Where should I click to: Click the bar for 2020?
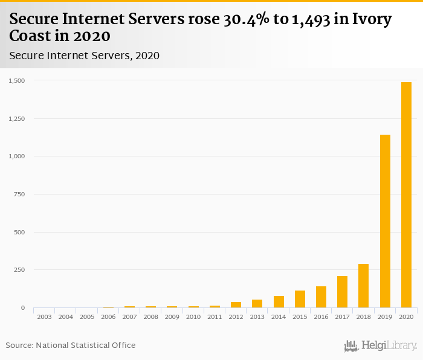[406, 194]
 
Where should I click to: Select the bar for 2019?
[385, 221]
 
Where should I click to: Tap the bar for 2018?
[363, 286]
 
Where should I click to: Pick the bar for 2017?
[342, 292]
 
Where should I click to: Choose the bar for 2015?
[300, 299]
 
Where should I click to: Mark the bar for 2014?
[279, 302]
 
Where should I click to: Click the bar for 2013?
[257, 304]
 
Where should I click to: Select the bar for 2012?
[236, 305]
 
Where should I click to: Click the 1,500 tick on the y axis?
[16, 80]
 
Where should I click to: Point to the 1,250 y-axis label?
[16, 118]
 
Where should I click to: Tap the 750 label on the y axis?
[19, 194]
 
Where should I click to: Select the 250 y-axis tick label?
[19, 270]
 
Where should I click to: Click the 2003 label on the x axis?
[44, 317]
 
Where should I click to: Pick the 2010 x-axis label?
[193, 317]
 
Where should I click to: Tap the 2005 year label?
[87, 317]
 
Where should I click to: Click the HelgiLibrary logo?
[380, 346]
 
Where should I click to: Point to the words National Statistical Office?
[85, 346]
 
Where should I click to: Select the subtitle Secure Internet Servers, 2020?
[84, 56]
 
